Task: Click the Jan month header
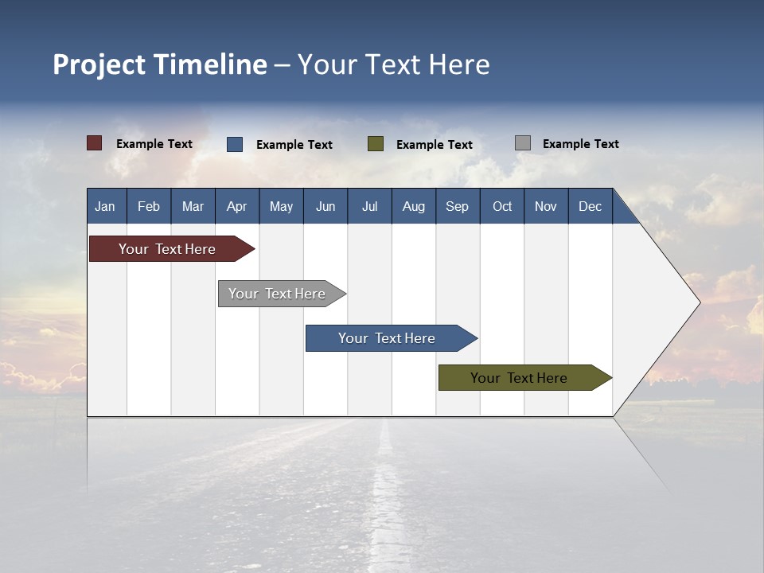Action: pos(105,206)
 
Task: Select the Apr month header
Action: pos(236,206)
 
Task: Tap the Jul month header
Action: pos(369,206)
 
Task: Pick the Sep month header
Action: pos(457,206)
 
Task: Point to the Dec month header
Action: pos(590,206)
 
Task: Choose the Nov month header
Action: pos(545,206)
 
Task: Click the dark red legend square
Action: pos(95,143)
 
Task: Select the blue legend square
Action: pos(235,144)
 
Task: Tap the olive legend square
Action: pos(376,144)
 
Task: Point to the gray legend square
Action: pos(523,143)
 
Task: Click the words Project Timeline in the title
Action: pos(160,64)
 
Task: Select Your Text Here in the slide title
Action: pos(394,64)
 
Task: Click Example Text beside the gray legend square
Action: pos(580,144)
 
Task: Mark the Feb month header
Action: pos(149,206)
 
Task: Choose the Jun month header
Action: pos(325,206)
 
